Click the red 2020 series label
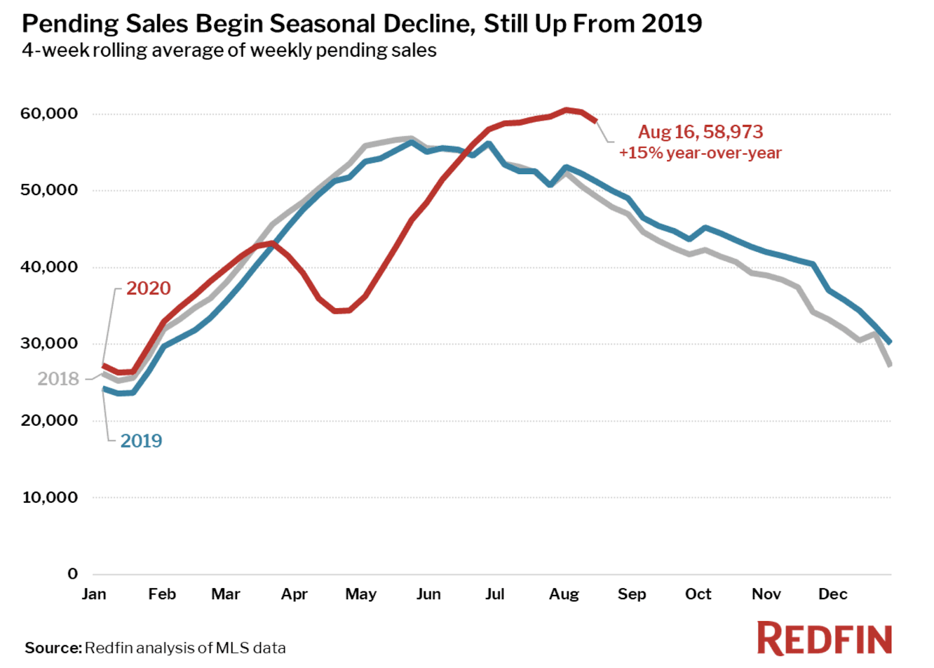pos(148,288)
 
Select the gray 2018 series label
pos(58,379)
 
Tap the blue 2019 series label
pos(141,441)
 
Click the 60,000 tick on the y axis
pos(49,113)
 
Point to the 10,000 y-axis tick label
pos(50,497)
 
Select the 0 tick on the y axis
pos(72,574)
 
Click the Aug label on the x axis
pos(564,594)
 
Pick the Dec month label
pos(832,594)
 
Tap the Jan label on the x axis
pos(94,594)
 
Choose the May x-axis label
pos(361,594)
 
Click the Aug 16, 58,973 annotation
pos(700,132)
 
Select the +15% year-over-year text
pos(700,153)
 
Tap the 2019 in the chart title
pos(671,24)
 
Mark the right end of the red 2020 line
pos(595,121)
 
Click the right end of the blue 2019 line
pos(890,342)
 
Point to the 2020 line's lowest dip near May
pos(341,311)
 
